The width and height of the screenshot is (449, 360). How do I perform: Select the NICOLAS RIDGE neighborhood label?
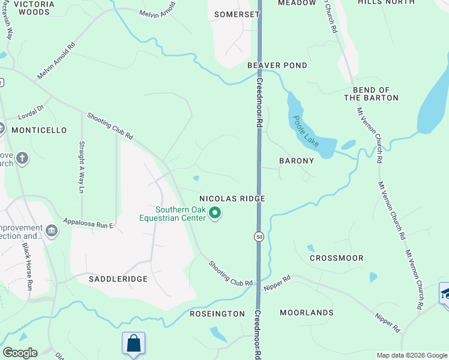(232, 198)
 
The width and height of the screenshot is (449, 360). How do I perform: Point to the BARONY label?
(297, 161)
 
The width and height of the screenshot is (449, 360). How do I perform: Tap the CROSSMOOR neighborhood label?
(336, 258)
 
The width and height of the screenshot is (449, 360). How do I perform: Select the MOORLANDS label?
(306, 313)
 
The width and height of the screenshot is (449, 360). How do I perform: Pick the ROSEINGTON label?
(217, 314)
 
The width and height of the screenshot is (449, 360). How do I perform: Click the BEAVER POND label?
(277, 65)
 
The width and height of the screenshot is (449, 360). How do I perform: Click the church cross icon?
(22, 158)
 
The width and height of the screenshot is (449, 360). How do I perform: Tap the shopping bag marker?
(133, 344)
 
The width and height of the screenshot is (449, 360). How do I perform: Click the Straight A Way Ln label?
(82, 167)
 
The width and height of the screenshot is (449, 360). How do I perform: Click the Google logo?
(20, 353)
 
